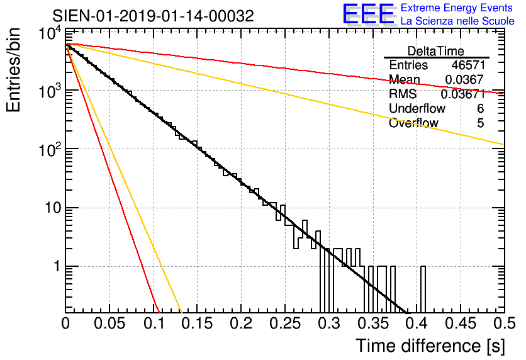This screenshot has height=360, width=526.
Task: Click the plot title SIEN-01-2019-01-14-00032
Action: point(153,16)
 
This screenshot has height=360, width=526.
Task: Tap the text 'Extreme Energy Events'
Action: point(457,8)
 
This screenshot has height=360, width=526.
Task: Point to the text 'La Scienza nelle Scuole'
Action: point(457,21)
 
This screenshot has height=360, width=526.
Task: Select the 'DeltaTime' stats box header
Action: point(436,51)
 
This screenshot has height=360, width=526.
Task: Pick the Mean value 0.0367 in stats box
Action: point(464,80)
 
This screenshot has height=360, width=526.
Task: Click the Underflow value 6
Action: point(480,109)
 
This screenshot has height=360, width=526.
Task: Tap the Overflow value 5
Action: point(480,123)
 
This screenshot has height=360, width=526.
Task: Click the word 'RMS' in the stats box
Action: point(403,94)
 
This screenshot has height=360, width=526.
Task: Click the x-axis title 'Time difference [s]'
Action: point(428,346)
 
